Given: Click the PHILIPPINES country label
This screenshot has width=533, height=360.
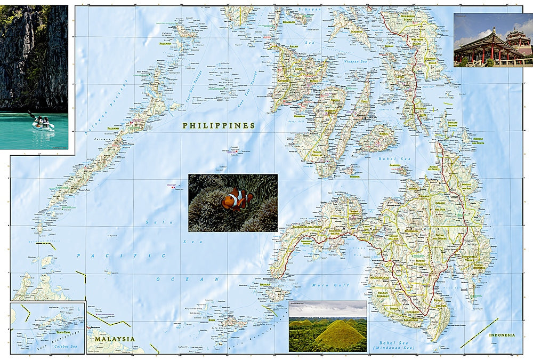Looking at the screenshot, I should click(219, 126).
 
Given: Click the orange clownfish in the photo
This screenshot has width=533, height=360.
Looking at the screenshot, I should click(237, 199).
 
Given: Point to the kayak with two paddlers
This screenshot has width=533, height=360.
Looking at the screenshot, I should click(42, 124).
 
